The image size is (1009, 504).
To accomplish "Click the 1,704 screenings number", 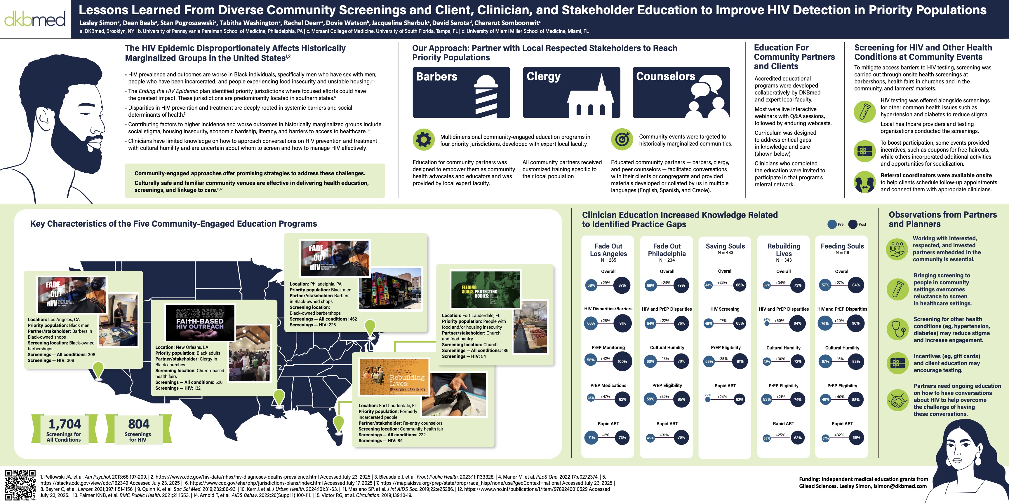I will tap(65, 424).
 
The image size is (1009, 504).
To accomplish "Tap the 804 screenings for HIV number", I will tap(139, 424).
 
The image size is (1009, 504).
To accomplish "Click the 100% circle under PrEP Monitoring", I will tap(622, 361).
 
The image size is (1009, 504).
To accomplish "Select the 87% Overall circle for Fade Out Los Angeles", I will tap(622, 285).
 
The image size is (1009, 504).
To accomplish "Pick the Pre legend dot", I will tap(832, 224).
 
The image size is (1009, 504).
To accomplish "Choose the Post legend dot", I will tap(853, 224).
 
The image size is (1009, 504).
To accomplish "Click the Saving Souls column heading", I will tap(725, 246).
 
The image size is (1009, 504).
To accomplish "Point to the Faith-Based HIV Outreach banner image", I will tap(200, 322).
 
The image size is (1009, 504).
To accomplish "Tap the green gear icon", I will tap(423, 139).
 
